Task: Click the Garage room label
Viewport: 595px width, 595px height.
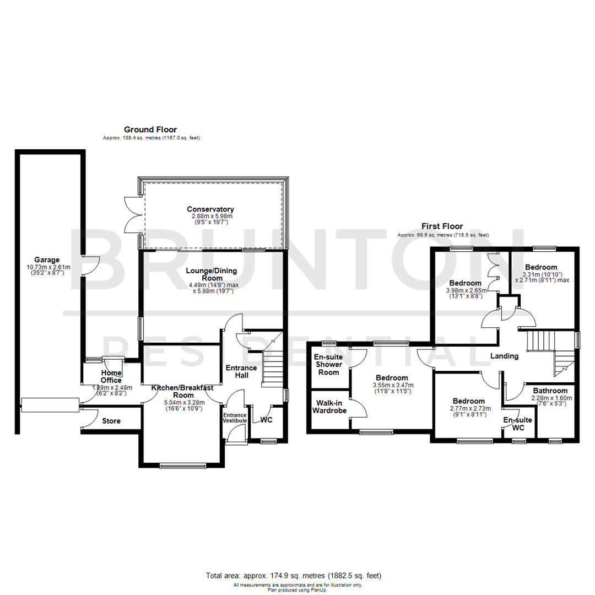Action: [47, 260]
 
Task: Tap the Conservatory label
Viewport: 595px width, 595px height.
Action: [210, 209]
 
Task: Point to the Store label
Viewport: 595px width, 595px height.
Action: [111, 421]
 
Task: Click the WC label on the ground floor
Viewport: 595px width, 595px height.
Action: [266, 420]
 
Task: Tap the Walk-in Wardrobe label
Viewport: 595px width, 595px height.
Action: [329, 407]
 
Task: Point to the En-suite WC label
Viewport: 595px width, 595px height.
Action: [517, 424]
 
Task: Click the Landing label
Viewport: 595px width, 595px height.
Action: [505, 356]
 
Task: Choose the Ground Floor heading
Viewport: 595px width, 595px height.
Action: [150, 129]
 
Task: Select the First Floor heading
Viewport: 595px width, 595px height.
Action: [442, 226]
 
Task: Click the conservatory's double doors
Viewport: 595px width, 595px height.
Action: [132, 214]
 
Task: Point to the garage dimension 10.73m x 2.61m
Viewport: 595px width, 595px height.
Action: [47, 267]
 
